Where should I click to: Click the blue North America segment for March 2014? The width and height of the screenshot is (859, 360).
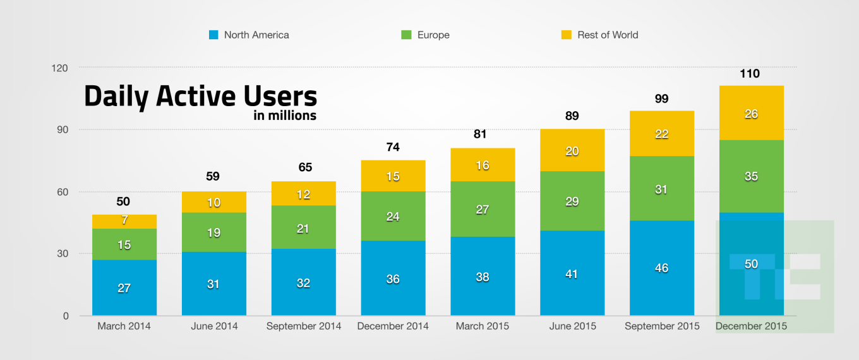(124, 287)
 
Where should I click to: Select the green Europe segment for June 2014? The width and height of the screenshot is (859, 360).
(213, 232)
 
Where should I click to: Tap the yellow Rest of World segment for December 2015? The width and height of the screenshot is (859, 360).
(751, 114)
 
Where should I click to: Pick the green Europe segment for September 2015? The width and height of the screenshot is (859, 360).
(662, 188)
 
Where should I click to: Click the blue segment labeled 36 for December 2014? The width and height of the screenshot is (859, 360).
(393, 278)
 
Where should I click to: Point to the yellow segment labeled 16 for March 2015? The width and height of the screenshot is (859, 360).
(483, 165)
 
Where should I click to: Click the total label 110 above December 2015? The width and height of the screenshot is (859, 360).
(750, 74)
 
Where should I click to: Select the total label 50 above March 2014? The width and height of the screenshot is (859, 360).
(124, 201)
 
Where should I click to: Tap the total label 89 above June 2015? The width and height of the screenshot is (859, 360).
(572, 116)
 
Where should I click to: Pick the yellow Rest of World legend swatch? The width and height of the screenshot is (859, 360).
(566, 35)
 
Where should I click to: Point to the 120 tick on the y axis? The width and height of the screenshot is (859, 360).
(60, 68)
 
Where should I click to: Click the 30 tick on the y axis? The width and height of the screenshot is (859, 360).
(63, 254)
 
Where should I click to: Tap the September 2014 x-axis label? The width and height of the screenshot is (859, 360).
(303, 327)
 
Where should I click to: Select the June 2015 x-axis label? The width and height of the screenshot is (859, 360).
(572, 327)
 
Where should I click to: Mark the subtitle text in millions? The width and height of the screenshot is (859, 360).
(285, 116)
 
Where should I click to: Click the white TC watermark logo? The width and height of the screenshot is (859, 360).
(774, 276)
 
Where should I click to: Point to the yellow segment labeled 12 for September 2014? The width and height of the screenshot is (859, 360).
(303, 194)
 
